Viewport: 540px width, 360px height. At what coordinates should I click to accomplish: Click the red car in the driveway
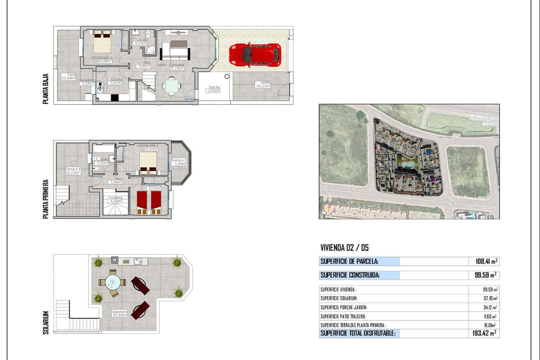pos(255,55)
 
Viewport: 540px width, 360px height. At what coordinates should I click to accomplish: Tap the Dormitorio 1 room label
pos(102,59)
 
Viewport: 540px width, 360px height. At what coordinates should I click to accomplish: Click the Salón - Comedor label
pos(170,66)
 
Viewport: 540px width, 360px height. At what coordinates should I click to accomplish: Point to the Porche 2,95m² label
pos(214,89)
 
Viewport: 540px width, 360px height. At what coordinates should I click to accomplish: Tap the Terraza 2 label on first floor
pos(179,162)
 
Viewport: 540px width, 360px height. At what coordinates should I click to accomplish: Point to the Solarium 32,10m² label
pos(119,313)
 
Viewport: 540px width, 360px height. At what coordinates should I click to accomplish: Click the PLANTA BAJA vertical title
pos(46,90)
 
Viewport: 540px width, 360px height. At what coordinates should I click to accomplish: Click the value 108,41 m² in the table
pos(486,261)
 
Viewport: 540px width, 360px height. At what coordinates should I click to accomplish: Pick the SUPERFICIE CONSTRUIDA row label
pos(349,275)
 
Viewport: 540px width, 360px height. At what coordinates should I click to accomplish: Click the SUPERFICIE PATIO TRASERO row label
pos(347,316)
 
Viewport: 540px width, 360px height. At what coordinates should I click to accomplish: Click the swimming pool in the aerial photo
pos(407,166)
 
